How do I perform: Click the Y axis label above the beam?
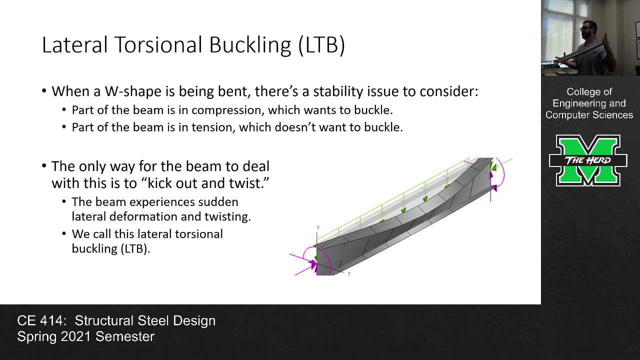[x=318, y=228]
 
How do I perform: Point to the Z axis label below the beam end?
[x=348, y=274]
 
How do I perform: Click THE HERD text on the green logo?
[x=588, y=160]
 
